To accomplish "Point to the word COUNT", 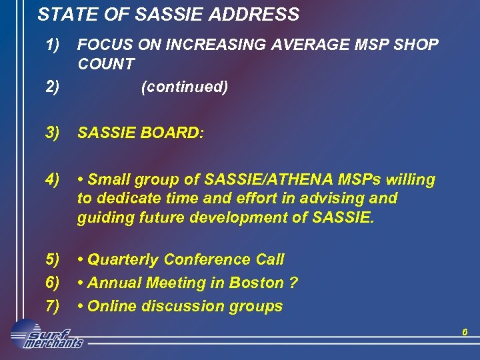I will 105,65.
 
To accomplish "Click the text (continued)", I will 185,87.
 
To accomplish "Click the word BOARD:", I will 171,133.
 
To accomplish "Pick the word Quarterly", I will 123,259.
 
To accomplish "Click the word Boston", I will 256,283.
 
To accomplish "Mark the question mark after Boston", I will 293,283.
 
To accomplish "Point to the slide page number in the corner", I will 465,331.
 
